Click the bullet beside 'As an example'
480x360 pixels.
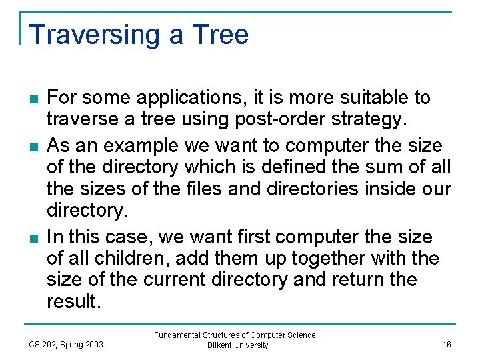(x=33, y=147)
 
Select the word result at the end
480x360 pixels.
(x=73, y=302)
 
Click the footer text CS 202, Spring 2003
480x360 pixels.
(x=65, y=345)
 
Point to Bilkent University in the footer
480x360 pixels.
(x=237, y=345)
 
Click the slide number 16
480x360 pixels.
(x=446, y=344)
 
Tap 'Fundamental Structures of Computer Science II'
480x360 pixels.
(x=237, y=335)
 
